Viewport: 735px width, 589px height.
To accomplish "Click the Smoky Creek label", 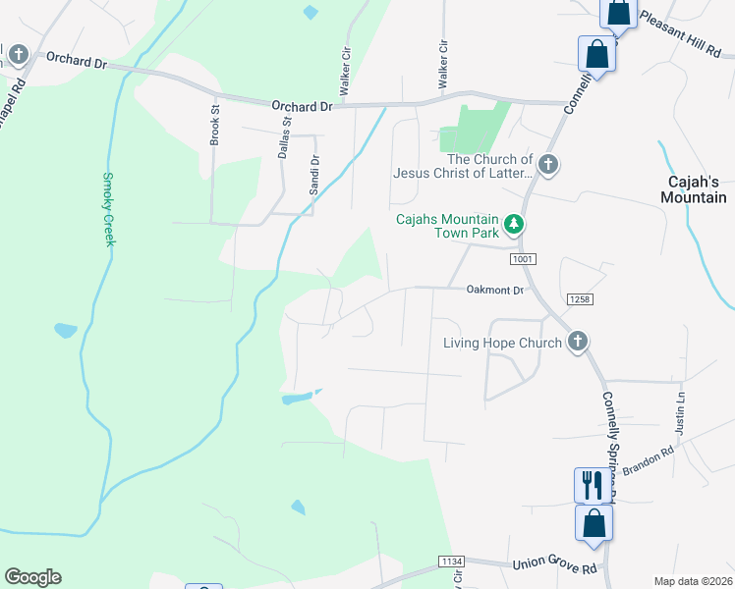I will click(x=109, y=210).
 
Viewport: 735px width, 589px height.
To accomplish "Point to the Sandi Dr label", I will click(x=314, y=175).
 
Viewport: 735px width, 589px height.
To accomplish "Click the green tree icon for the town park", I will click(x=513, y=226).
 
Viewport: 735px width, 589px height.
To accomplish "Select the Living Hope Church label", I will click(x=502, y=343).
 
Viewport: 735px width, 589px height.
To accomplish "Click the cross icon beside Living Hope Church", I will click(x=578, y=342).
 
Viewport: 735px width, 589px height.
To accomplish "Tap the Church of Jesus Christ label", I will click(x=463, y=166).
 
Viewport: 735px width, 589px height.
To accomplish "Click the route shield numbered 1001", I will click(x=521, y=259).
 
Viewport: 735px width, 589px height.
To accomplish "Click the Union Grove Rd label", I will click(x=554, y=566).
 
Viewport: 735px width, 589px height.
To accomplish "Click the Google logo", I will click(x=32, y=577).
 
